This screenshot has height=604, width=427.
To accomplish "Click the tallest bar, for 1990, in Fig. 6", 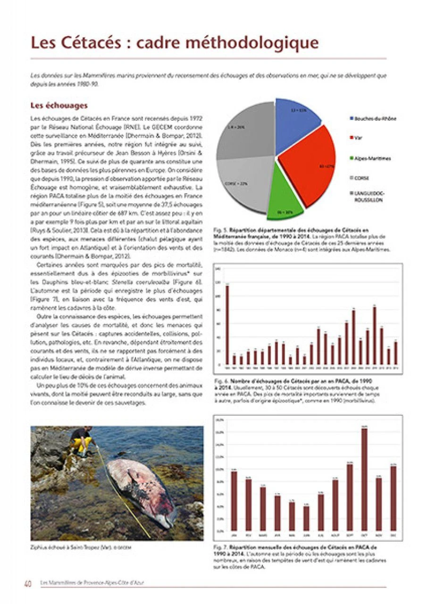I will (x=227, y=325).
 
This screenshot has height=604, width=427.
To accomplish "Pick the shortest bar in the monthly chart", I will (x=307, y=518).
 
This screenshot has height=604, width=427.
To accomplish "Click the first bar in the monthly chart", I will (x=234, y=501).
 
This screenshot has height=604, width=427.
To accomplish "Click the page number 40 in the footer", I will (x=28, y=584).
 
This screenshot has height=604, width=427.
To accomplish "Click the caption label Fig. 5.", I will (x=219, y=229).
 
